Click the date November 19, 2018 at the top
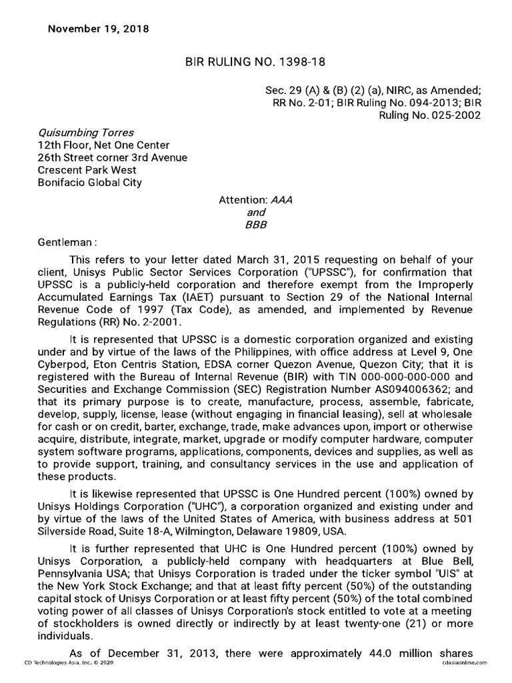[x=97, y=29]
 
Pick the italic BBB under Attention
[x=257, y=225]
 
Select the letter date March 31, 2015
[x=236, y=259]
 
